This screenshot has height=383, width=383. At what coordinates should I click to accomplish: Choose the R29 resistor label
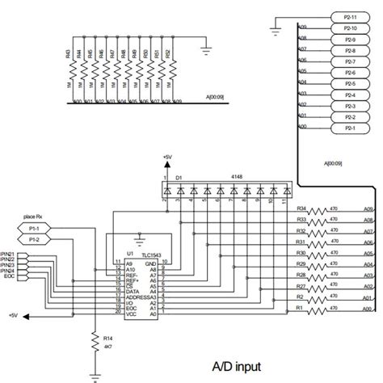301,263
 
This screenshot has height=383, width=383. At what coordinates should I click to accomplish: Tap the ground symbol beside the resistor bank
207,50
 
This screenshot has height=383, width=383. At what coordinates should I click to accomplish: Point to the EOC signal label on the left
9,276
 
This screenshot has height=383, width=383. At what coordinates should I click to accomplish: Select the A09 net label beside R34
368,208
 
